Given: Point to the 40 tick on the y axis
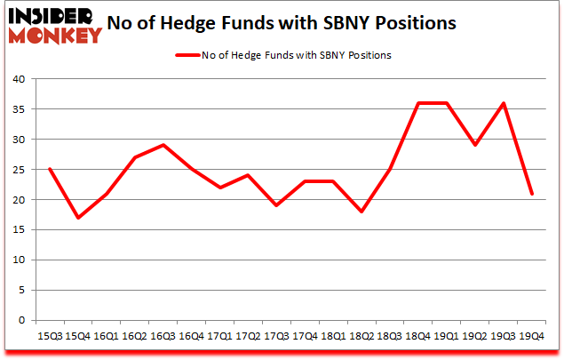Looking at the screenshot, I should [17, 79].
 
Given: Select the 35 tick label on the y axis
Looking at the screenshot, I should [17, 109].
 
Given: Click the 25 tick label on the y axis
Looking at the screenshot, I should [17, 170].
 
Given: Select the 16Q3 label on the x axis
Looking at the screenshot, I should [163, 337].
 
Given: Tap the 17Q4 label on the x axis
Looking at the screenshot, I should [305, 337].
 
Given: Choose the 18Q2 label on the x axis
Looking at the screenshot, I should [361, 337].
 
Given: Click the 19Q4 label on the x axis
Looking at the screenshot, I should [532, 337].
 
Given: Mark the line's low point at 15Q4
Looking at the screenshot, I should [77, 218].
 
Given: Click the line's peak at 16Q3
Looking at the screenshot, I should [163, 145].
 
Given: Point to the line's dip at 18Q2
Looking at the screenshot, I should [361, 212].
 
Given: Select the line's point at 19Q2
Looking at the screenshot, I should [475, 145].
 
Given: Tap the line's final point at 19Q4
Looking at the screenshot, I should [532, 194].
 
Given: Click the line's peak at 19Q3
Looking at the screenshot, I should [504, 103].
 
